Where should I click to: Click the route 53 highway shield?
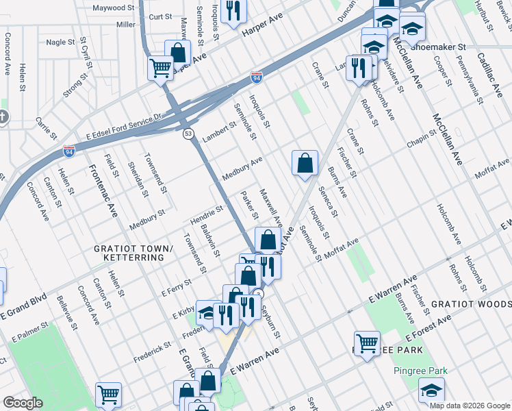[x=188, y=134]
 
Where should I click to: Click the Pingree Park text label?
[x=420, y=371]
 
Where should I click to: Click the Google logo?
[x=23, y=403]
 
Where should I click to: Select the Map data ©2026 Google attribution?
[x=470, y=406]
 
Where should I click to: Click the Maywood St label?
[x=113, y=8]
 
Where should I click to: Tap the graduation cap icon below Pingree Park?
[x=431, y=392]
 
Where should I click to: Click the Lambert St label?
[x=218, y=132]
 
